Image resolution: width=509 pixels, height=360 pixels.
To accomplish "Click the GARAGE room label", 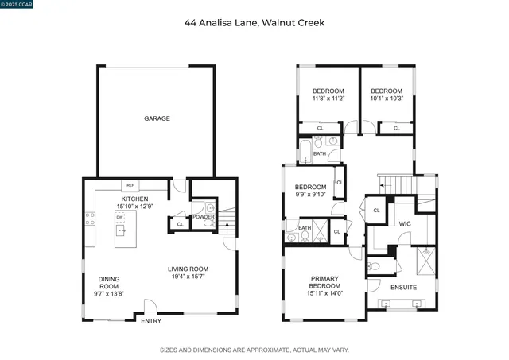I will pyautogui.click(x=157, y=118).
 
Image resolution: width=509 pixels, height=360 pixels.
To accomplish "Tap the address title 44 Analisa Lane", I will pyautogui.click(x=254, y=23).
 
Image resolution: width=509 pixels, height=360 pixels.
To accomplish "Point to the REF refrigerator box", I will pyautogui.click(x=131, y=185).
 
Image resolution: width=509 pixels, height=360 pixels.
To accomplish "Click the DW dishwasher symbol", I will pyautogui.click(x=120, y=217).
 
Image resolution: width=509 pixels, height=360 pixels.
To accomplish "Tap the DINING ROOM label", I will pyautogui.click(x=110, y=284).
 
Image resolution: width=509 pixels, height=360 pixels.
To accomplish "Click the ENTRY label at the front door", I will pyautogui.click(x=150, y=322).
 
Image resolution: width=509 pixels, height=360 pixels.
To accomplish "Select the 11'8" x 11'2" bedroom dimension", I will pyautogui.click(x=328, y=99).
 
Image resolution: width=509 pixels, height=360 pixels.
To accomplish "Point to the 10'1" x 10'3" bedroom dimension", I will pyautogui.click(x=387, y=99).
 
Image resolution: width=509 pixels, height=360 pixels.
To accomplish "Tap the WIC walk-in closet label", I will pyautogui.click(x=404, y=224).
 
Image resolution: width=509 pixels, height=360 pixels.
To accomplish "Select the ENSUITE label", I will pyautogui.click(x=403, y=287).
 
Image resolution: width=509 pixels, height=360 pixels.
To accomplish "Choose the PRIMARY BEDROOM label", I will pyautogui.click(x=324, y=283).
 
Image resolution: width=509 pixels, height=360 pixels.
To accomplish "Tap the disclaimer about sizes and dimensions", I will pyautogui.click(x=254, y=349).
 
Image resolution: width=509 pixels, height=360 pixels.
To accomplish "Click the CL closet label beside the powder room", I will pyautogui.click(x=181, y=225).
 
